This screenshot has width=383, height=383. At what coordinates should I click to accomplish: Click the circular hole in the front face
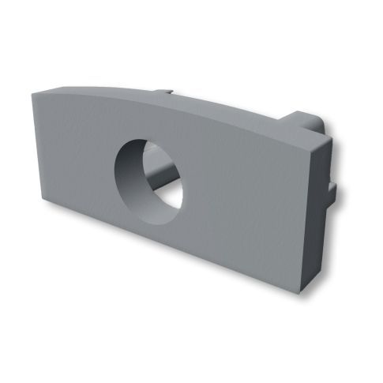pos(149,174)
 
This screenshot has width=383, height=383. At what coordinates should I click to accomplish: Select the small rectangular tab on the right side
pos(336,192)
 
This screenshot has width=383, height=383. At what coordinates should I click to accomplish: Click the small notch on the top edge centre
pos(167,94)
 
